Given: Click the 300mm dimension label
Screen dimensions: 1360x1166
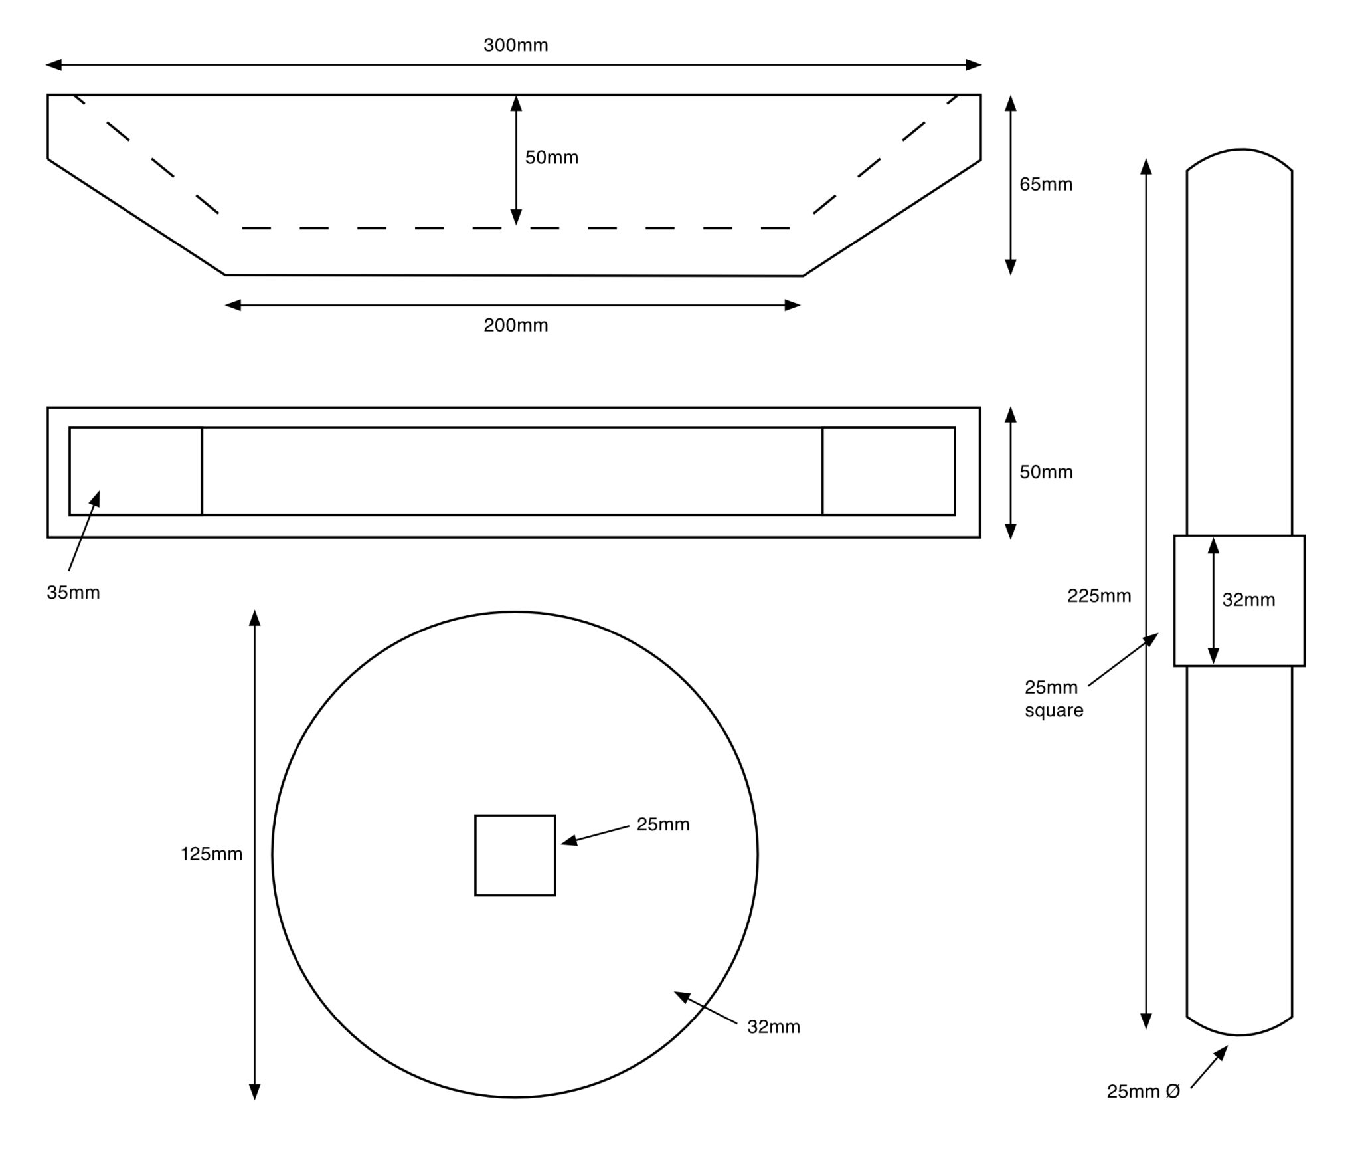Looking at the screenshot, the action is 515,45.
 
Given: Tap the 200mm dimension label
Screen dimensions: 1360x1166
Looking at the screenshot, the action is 515,325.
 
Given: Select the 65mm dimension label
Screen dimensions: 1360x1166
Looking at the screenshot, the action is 1046,184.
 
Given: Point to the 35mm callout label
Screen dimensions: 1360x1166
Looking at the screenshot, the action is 73,592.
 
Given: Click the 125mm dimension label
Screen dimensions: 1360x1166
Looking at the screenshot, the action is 212,854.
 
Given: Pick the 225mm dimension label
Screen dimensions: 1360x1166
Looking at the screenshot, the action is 1099,595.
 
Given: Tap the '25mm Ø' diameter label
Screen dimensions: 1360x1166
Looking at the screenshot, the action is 1143,1091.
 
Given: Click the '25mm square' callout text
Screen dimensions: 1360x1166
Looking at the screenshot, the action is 1054,698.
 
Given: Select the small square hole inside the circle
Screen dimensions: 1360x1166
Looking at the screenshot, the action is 515,855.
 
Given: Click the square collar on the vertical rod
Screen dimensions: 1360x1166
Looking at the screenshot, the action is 1239,601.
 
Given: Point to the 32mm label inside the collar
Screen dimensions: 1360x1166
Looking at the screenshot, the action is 1248,600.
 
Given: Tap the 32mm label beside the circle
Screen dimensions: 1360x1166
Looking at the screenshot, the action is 774,1026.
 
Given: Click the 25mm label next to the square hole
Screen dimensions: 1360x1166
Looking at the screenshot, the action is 663,825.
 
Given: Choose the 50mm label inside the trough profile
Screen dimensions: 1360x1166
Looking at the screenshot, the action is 551,157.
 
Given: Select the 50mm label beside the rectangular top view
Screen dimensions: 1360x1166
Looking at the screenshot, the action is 1046,472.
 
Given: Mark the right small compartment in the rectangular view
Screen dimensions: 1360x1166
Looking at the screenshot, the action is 889,471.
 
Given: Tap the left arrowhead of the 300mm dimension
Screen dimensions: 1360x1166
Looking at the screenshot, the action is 53,65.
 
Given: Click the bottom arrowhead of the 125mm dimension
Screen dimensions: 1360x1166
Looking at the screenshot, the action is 254,1091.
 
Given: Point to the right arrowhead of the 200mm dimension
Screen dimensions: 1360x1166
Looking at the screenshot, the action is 793,306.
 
